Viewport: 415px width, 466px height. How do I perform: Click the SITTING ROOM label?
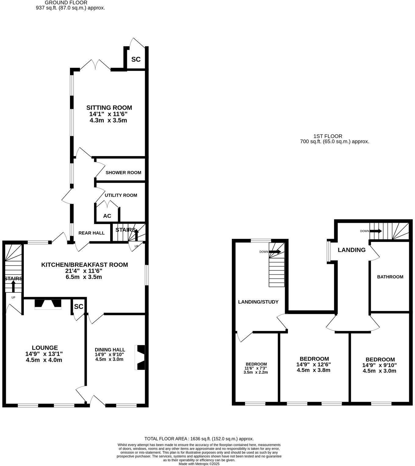109,108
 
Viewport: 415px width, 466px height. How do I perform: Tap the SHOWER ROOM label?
123,173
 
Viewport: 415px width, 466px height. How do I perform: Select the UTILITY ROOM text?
121,195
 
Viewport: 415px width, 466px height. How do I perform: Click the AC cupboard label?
107,216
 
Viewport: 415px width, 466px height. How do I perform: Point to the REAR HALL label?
92,233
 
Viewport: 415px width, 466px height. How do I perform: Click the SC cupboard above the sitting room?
136,59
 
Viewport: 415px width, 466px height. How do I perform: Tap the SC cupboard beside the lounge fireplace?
78,306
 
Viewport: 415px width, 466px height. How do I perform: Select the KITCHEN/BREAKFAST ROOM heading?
85,265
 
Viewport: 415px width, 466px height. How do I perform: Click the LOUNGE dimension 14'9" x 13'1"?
44,354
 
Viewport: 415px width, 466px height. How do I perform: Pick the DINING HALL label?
110,350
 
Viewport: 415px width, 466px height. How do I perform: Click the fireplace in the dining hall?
141,358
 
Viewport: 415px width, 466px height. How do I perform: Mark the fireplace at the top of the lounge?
48,304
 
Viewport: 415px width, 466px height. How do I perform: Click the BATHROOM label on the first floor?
390,277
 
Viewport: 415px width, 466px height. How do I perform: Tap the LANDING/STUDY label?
258,302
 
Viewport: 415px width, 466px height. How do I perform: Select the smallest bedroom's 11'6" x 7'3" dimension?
256,368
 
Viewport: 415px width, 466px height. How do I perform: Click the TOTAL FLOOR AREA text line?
199,438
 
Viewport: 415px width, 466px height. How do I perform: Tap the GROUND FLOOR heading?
66,3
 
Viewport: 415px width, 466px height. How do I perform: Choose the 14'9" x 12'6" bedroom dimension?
313,364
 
